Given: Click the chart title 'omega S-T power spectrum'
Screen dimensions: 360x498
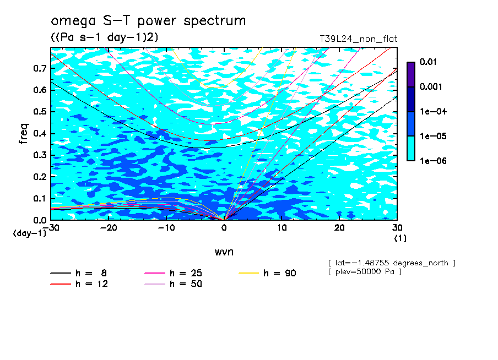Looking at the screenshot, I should pos(148,21).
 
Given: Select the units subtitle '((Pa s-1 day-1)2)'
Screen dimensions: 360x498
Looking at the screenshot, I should pos(105,37).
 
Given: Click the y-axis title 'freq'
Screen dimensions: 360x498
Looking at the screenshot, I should pos(24,133).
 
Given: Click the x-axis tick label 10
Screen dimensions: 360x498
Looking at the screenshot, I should pos(282,228).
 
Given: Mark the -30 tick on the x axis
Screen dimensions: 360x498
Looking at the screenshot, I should pos(51,228).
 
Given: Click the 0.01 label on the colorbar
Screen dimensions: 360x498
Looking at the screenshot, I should pos(428,62).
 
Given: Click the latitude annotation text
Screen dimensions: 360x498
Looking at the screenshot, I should pos(392,263).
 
